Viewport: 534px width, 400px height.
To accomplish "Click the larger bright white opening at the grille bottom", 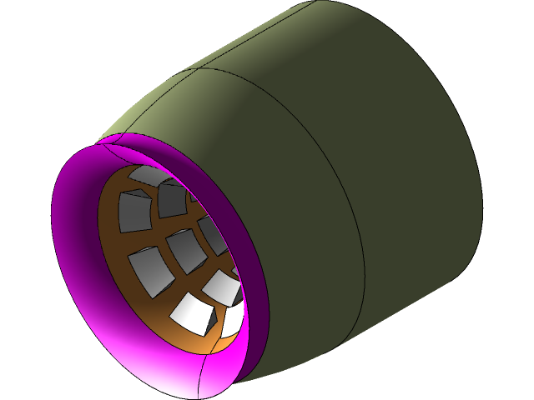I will coord(194,312).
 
